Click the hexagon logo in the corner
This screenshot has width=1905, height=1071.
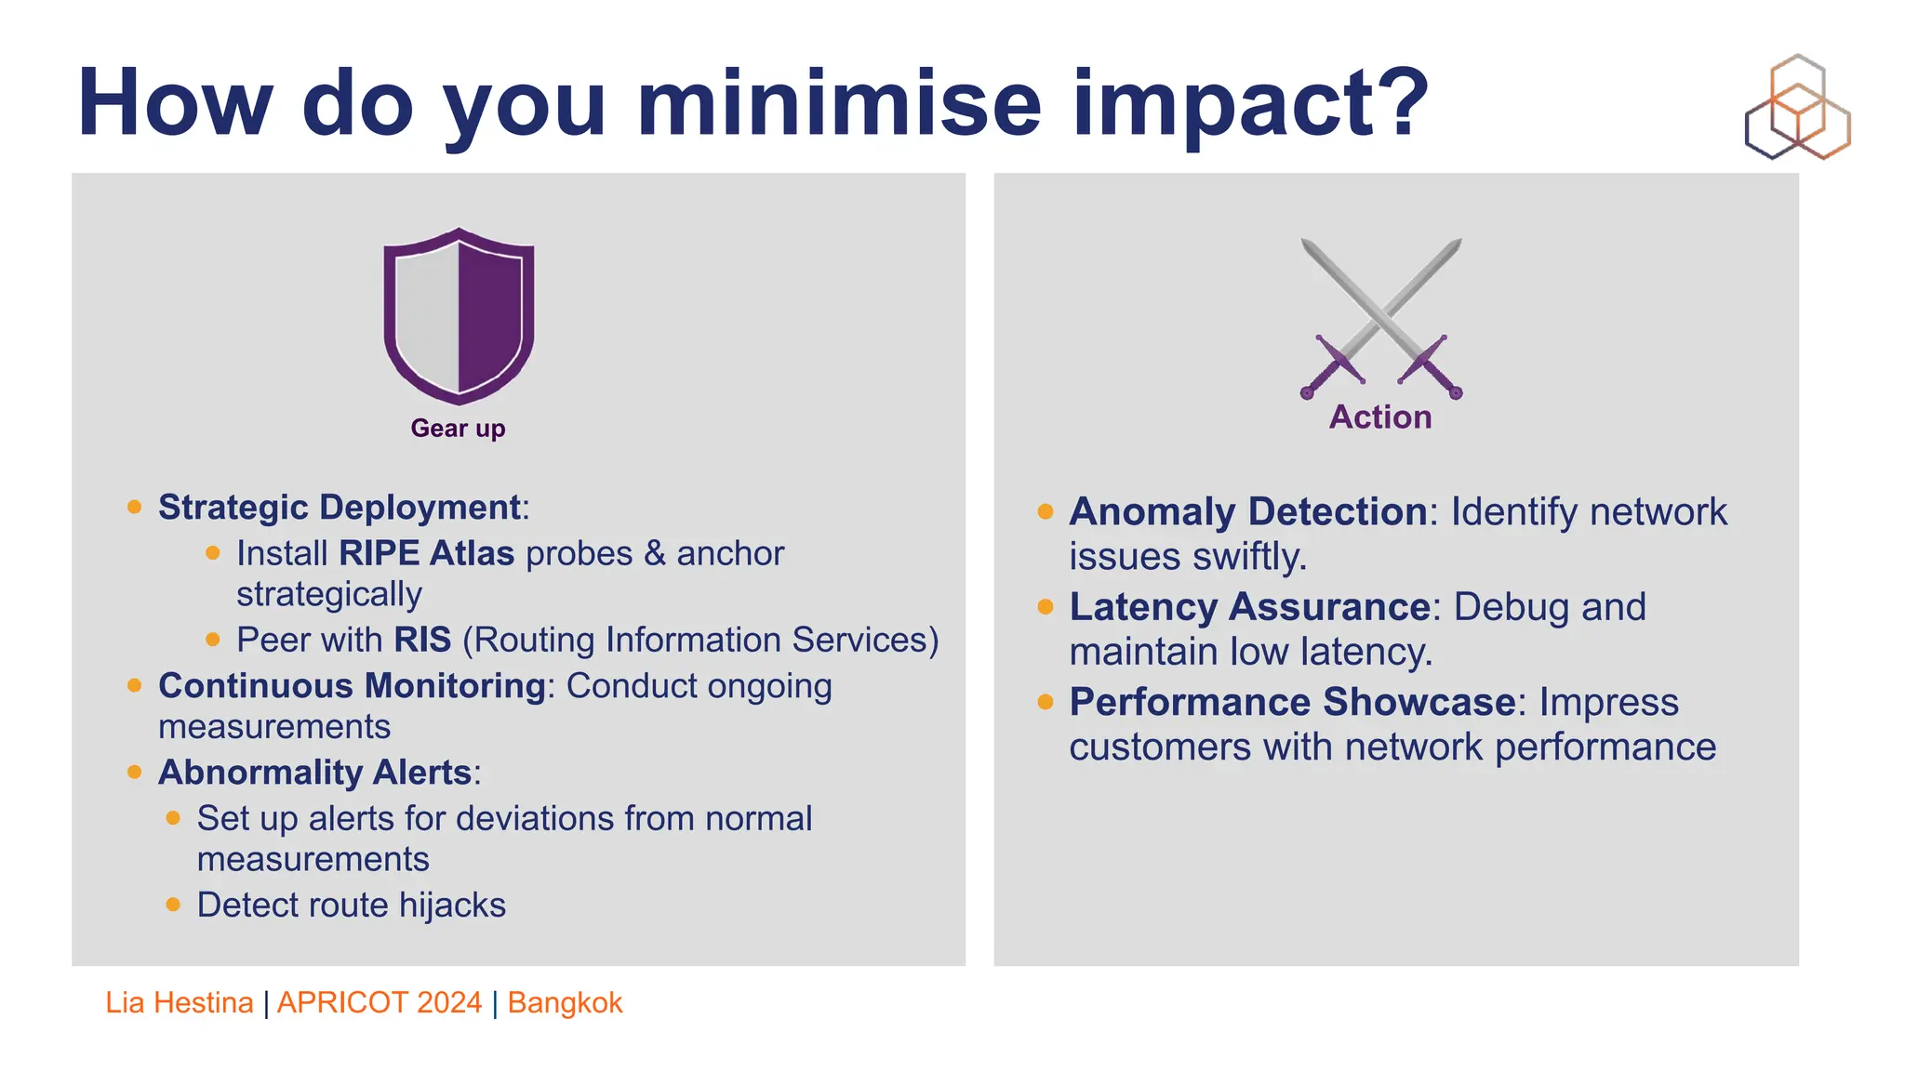click(1796, 108)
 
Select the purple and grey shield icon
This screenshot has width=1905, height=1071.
click(459, 316)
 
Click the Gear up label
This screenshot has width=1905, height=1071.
click(458, 429)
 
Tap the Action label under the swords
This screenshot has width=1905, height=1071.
click(1380, 417)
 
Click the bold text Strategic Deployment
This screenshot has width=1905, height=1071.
click(339, 508)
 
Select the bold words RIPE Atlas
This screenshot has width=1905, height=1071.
click(426, 554)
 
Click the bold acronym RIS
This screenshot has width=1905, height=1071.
click(422, 641)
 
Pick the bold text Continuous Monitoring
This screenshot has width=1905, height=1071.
click(352, 686)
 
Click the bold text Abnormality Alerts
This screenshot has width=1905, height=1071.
click(315, 773)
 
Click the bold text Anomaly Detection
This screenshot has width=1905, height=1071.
click(1247, 512)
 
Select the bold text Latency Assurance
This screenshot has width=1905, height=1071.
click(1249, 607)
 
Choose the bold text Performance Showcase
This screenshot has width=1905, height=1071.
click(1292, 703)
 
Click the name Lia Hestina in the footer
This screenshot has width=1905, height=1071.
click(179, 1003)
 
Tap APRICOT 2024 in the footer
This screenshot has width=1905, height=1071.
click(380, 1003)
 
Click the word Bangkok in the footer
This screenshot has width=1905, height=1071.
click(565, 1003)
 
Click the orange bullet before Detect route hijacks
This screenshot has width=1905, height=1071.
click(173, 905)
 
